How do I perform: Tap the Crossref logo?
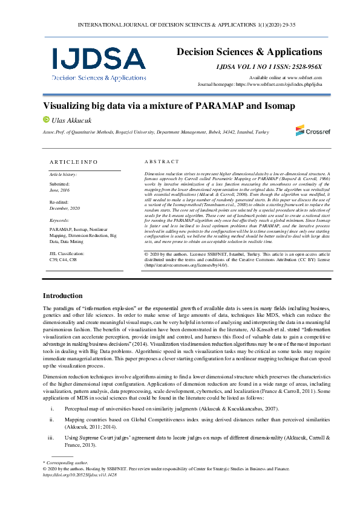(x=309, y=130)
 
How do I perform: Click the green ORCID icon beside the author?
(x=45, y=120)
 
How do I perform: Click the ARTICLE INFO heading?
(x=73, y=162)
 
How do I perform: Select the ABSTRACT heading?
(x=162, y=162)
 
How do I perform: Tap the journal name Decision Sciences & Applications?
(x=249, y=53)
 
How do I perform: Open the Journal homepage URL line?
(x=260, y=84)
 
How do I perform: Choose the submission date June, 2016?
(x=59, y=189)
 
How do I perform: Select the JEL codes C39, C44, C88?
(x=63, y=259)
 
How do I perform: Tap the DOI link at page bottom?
(x=79, y=475)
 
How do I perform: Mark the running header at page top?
(x=180, y=25)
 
